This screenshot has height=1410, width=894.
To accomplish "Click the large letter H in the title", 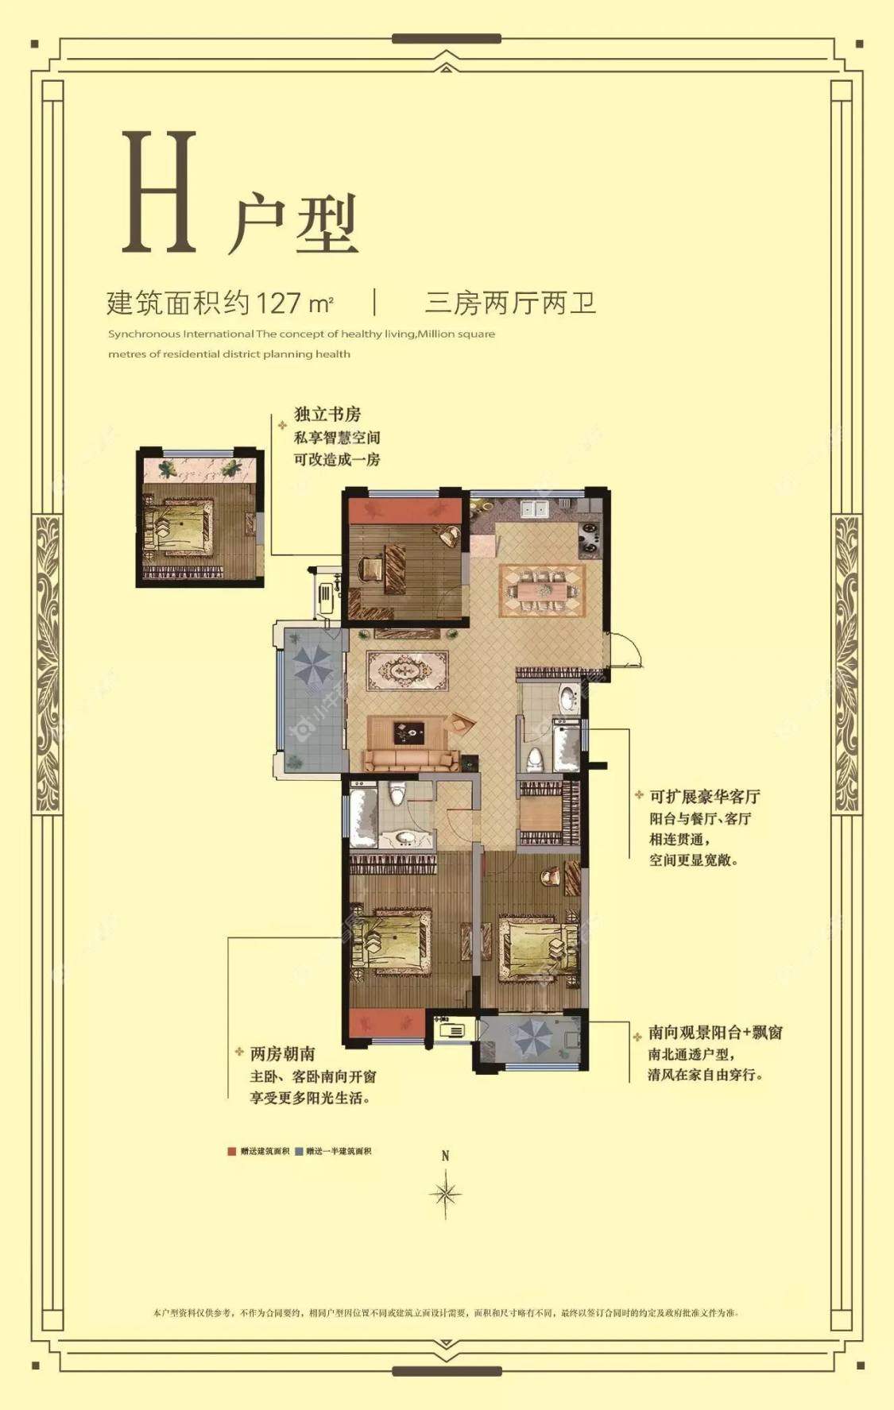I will point(159,193).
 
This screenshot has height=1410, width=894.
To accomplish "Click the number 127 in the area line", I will point(278,303).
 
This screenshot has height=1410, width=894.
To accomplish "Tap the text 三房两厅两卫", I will point(510,303).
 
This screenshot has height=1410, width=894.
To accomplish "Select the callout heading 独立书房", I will point(327,414).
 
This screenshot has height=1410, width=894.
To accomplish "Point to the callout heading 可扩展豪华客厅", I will point(705,796).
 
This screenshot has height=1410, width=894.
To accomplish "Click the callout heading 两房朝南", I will point(282,1054).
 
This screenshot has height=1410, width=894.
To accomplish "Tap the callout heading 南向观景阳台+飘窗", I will point(715,1033).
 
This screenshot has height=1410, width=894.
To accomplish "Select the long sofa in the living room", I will point(410,760).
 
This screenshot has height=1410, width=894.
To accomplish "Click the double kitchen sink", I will point(534,508).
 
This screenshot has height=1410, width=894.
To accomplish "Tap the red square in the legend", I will point(232,1151).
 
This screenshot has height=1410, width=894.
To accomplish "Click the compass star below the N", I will point(445,1193).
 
